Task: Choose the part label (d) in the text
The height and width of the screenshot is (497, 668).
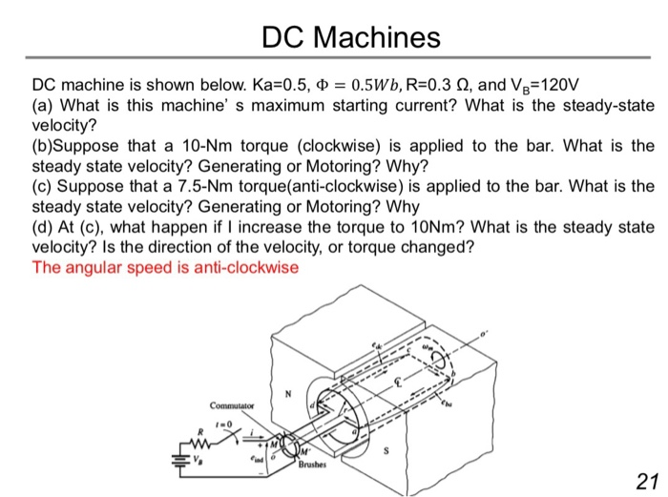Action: pyautogui.click(x=43, y=227)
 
